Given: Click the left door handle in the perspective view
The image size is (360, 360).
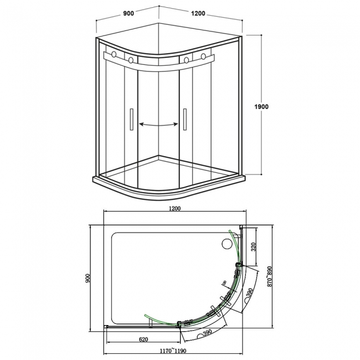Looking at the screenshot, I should click(131, 119).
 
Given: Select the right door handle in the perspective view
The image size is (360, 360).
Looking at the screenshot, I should click(185, 119).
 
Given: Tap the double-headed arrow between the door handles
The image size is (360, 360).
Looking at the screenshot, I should click(158, 125).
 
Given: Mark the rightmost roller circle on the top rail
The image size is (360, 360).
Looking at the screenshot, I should click(204, 56).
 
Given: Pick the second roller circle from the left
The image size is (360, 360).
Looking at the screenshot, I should click(131, 59).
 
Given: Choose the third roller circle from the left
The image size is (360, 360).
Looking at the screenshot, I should click(186, 60).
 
